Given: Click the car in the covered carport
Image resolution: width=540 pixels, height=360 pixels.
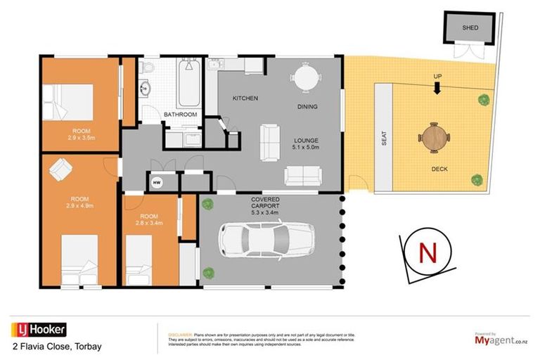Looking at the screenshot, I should click(253, 239).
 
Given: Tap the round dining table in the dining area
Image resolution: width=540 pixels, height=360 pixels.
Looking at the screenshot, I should click(306, 77).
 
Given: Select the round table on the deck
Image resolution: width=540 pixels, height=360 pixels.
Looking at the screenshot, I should click(433, 138).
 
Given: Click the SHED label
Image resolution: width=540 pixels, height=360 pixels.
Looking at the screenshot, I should click(470, 28).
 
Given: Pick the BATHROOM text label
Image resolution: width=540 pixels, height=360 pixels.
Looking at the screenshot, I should click(180, 114).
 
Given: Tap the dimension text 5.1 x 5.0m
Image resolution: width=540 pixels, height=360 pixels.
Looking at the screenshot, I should click(305, 148).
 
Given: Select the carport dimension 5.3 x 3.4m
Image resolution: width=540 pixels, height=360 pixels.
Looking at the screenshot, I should click(266, 212).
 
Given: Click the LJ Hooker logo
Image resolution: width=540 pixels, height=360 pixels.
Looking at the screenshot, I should click(39, 329).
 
